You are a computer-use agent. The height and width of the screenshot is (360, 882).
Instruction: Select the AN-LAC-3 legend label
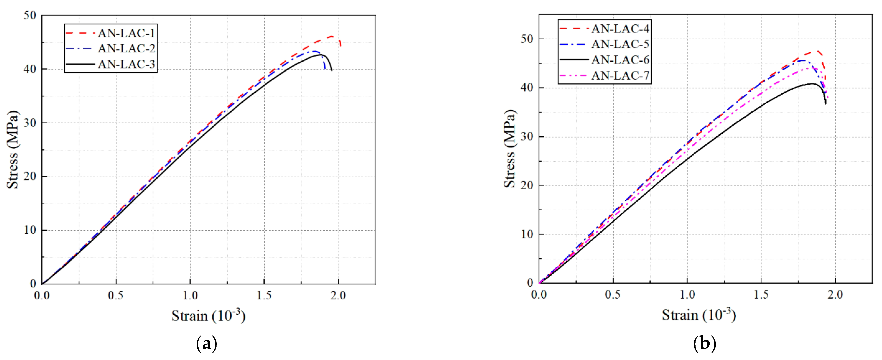(126, 64)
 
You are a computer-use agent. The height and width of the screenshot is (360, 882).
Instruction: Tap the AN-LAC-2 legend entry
(126, 48)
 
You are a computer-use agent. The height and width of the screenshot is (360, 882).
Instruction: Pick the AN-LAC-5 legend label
(620, 44)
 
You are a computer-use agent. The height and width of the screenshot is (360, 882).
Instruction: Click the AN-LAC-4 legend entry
(620, 29)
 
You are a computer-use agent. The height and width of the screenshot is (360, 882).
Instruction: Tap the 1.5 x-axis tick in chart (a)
(264, 295)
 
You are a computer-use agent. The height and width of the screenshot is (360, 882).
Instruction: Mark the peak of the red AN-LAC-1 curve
(331, 36)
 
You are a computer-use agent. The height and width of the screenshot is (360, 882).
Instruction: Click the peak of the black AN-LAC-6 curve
(811, 83)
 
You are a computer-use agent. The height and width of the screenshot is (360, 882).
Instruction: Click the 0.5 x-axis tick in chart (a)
(116, 295)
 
